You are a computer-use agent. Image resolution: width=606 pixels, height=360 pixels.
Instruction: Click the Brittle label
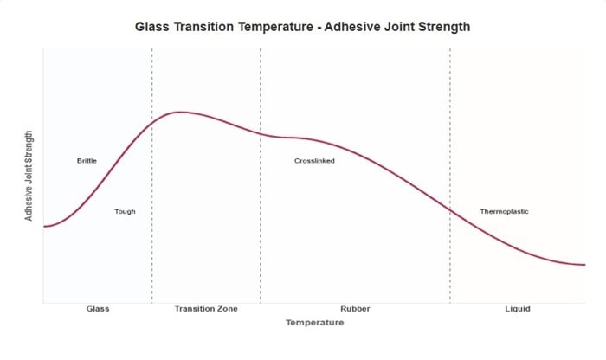pos(87,161)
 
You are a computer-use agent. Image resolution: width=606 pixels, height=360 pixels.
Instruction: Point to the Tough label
pos(125,211)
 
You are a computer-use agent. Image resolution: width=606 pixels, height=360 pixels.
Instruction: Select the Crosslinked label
pos(314,161)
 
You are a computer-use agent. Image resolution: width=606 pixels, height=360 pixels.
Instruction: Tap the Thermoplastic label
pos(504,212)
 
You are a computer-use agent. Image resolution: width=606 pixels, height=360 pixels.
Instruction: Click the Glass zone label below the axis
pos(98,309)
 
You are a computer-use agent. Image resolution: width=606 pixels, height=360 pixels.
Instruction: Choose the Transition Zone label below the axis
pos(205,309)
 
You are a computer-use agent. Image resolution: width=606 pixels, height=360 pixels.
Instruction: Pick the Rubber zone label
pos(355,309)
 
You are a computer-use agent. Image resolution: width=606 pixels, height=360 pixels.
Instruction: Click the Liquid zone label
pos(517,309)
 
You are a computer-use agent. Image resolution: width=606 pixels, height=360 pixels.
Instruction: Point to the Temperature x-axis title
pos(314,323)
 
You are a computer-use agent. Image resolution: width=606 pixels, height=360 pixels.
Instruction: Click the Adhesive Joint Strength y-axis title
pos(29,177)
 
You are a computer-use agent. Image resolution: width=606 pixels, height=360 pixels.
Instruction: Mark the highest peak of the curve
pos(179,112)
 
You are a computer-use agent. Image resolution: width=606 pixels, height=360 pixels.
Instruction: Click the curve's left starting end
pos(44,227)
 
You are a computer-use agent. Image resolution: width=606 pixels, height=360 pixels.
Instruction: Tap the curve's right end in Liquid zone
pos(584,264)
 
